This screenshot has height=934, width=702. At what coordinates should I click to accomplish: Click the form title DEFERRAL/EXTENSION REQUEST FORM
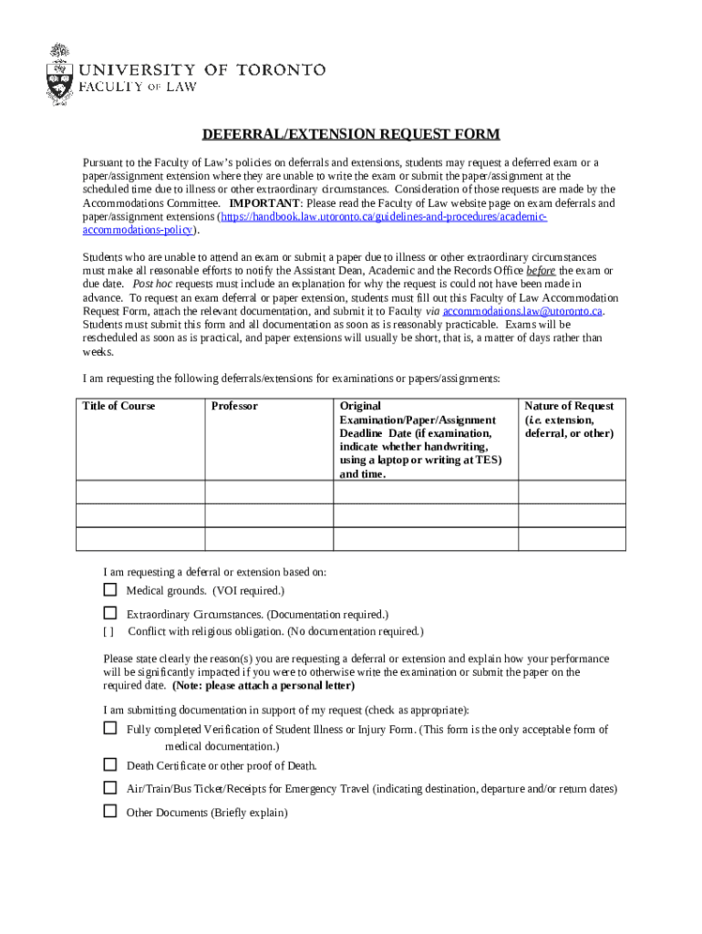[351, 135]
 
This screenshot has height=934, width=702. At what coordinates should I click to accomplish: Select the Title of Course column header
[119, 406]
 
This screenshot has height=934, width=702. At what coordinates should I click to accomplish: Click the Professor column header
[234, 406]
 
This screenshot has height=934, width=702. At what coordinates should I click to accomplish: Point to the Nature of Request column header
[570, 419]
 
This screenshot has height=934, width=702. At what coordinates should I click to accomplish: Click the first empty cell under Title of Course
[139, 493]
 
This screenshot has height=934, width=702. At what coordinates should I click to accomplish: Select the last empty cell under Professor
[268, 539]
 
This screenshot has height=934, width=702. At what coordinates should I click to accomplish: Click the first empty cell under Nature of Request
[572, 493]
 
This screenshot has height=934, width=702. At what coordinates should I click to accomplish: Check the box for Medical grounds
[110, 590]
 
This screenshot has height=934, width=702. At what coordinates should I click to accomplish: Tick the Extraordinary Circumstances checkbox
[110, 613]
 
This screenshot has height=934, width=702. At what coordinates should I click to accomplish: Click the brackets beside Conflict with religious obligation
[108, 631]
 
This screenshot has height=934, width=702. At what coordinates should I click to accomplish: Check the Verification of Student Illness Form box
[110, 729]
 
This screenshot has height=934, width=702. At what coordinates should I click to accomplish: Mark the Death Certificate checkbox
[110, 764]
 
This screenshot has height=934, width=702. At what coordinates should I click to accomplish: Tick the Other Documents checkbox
[110, 811]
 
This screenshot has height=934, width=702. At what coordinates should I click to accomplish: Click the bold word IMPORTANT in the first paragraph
[264, 203]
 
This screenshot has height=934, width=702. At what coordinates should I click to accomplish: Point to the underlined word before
[541, 271]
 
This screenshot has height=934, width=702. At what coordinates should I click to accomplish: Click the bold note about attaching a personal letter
[263, 685]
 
